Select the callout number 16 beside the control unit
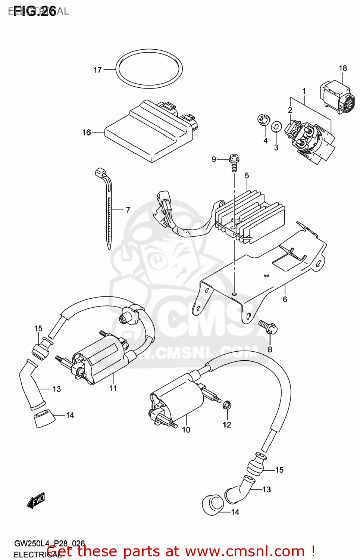(87, 133)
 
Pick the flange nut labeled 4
(263, 120)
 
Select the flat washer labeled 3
(276, 126)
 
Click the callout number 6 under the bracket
(285, 299)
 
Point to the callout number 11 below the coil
(113, 388)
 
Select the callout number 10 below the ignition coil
(186, 430)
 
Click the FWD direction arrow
(36, 501)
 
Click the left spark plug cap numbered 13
(31, 385)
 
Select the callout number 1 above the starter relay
(304, 91)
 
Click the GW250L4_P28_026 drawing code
(49, 544)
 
